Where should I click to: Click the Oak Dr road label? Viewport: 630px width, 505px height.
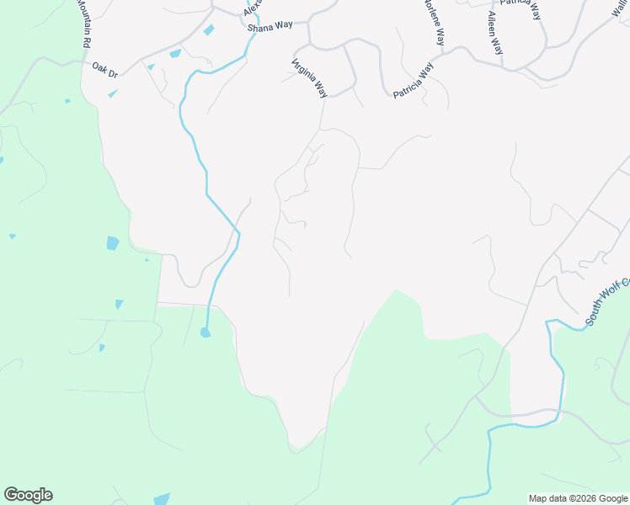click(x=105, y=70)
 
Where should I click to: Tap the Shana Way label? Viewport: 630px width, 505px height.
click(x=270, y=25)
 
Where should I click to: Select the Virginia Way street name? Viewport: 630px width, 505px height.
click(x=310, y=77)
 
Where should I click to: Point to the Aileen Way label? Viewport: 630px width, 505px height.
click(x=495, y=33)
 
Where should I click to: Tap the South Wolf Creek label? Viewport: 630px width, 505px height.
click(x=607, y=302)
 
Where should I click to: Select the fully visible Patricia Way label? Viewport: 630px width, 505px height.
click(x=414, y=80)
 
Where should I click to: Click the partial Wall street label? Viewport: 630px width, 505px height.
click(x=621, y=8)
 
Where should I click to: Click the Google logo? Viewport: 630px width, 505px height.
click(x=28, y=495)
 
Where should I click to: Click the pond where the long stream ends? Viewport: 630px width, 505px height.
click(x=206, y=332)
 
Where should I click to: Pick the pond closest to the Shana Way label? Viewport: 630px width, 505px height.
click(x=208, y=30)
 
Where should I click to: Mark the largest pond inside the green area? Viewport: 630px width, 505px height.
click(x=113, y=244)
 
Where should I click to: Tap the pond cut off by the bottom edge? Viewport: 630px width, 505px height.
click(x=161, y=499)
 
